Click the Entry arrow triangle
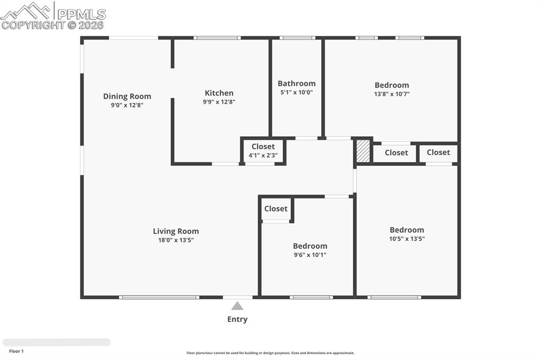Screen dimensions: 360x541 (x=237, y=306)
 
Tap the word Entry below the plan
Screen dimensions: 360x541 (x=237, y=319)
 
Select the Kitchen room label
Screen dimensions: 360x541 (x=219, y=93)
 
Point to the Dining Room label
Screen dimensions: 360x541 (x=127, y=96)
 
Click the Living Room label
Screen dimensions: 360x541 (x=176, y=231)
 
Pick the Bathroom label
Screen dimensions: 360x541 (x=296, y=83)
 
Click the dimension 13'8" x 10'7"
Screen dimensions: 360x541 (x=391, y=94)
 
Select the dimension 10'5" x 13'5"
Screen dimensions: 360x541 (x=407, y=239)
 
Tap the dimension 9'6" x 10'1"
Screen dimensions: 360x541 (x=310, y=255)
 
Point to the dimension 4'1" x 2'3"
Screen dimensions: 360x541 (x=263, y=156)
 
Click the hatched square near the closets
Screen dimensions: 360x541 (x=362, y=151)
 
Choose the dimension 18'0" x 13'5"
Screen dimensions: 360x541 (x=176, y=240)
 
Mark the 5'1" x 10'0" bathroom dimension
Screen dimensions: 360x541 (x=296, y=92)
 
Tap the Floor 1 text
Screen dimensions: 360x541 (x=16, y=351)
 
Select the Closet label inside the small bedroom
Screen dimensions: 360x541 (x=276, y=209)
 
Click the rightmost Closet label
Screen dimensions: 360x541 (x=438, y=153)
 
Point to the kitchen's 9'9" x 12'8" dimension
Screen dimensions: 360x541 (x=219, y=102)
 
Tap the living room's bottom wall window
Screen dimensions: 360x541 (x=158, y=297)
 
